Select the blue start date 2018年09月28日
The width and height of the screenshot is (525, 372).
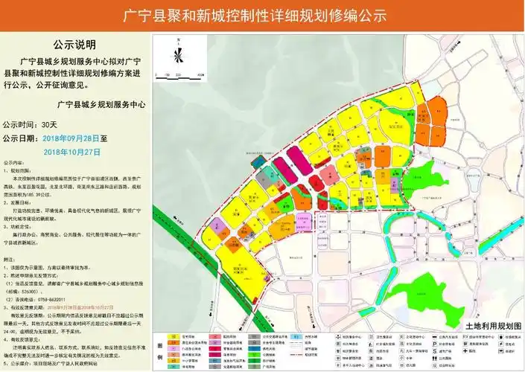tap(74, 138)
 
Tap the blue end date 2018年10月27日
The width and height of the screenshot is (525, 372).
tap(72, 151)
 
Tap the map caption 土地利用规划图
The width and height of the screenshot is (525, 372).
tap(493, 325)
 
